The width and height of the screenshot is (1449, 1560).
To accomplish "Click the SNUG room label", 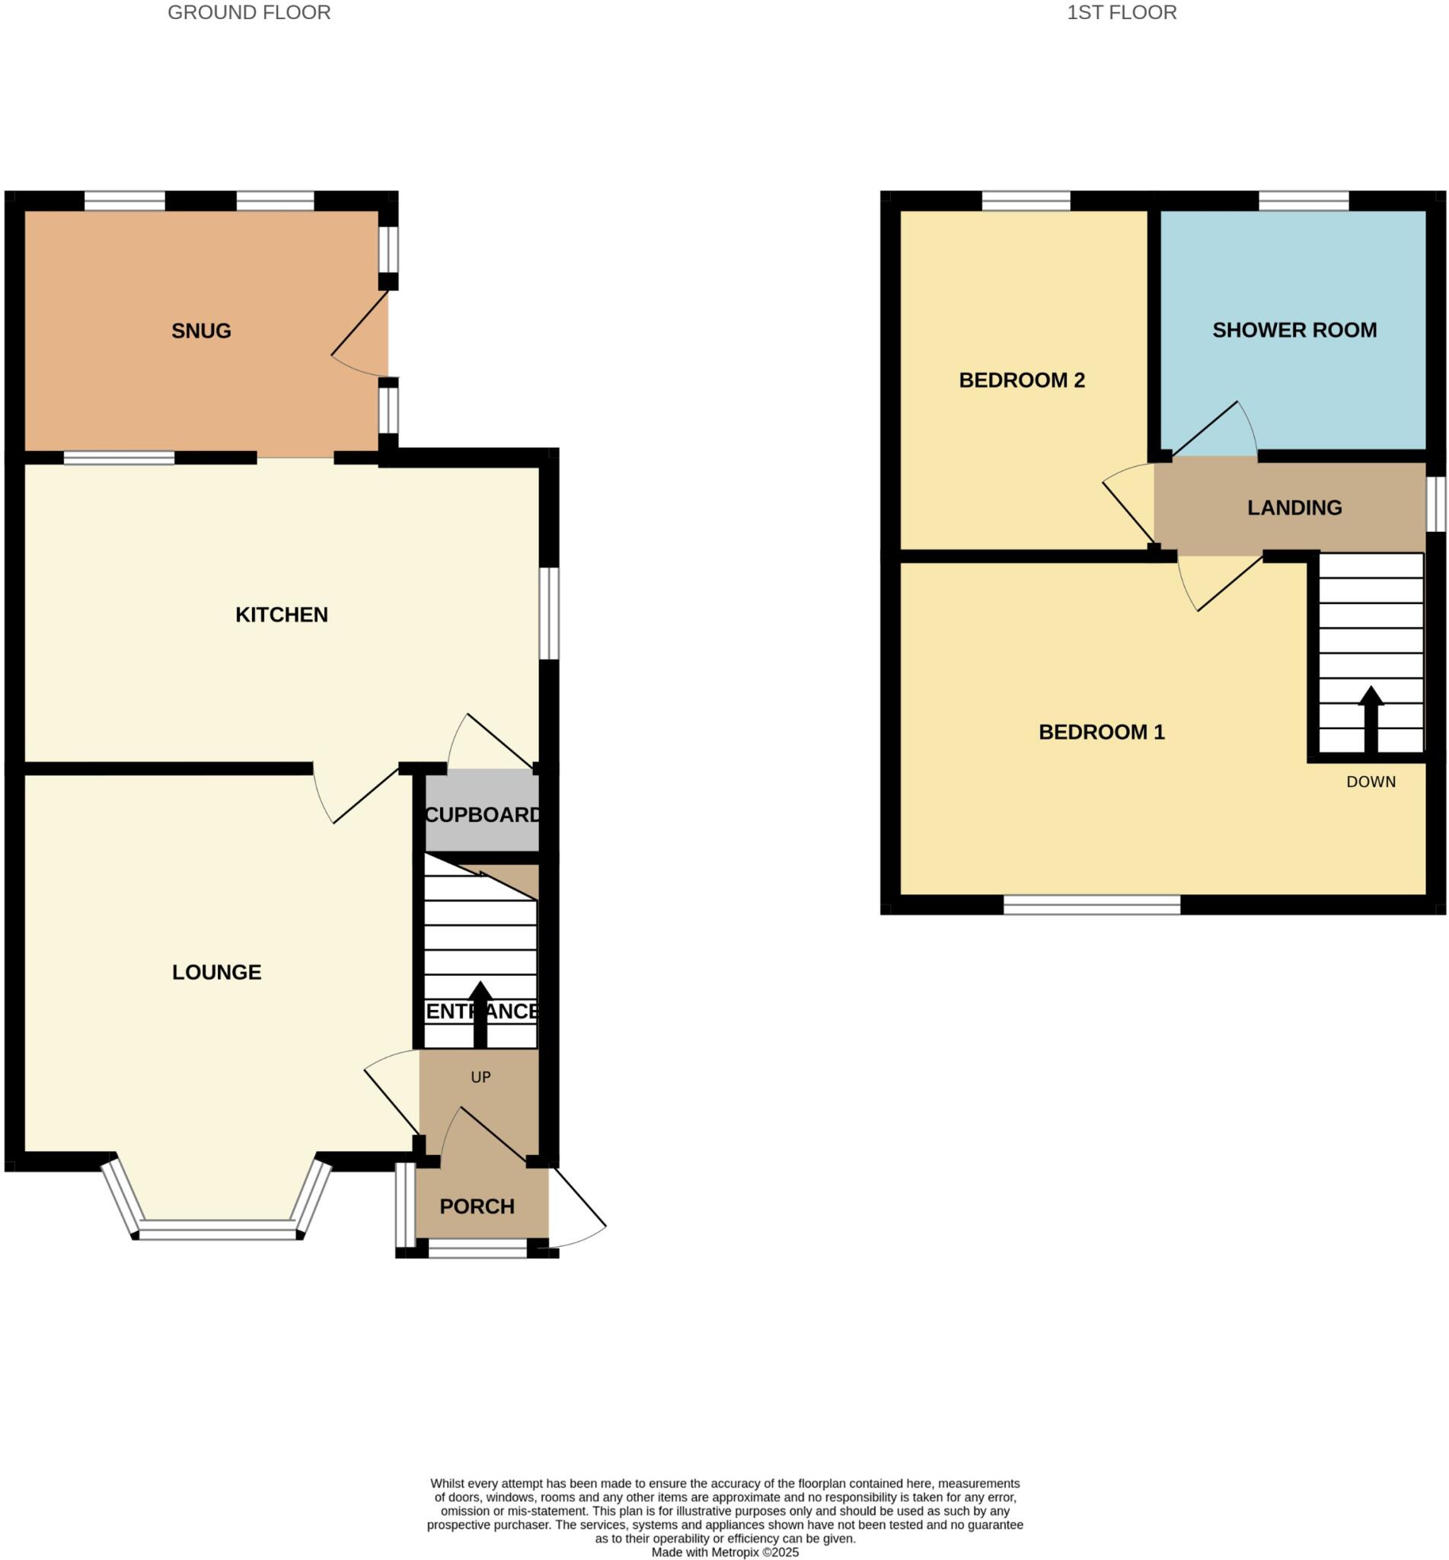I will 201,331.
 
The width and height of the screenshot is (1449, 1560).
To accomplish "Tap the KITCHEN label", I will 282,615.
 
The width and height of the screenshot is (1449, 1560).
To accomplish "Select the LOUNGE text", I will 216,973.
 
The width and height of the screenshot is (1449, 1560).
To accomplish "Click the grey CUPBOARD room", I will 481,815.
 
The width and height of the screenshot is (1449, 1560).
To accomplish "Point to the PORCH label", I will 477,1207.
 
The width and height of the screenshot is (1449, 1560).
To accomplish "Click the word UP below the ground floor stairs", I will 480,1078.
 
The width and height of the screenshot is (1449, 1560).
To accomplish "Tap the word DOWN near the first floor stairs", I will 1371,782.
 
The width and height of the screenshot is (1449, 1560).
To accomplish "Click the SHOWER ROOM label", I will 1294,330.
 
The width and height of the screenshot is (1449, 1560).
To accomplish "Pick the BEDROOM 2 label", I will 1022,380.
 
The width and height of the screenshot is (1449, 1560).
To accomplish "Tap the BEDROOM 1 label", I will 1101,733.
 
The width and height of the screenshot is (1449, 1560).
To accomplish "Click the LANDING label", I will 1294,508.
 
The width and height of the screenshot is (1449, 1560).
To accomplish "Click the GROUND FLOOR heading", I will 249,12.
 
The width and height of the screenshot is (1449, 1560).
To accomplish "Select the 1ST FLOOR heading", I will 1122,12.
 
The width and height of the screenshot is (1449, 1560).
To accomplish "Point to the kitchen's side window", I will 549,613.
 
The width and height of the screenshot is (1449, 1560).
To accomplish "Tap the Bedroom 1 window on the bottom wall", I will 1091,905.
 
